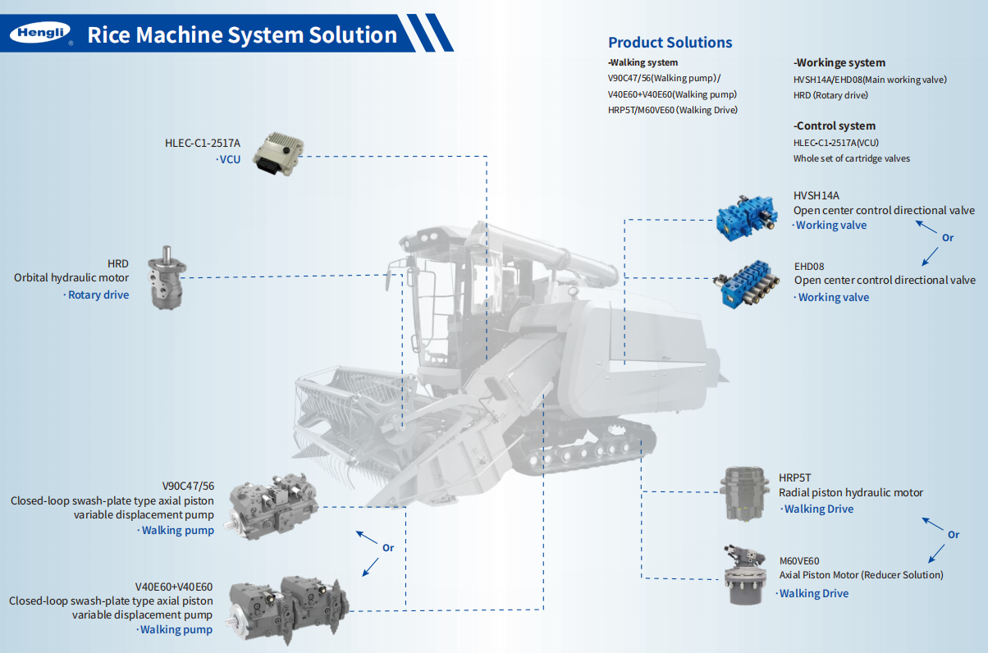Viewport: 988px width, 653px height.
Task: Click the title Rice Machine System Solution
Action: (242, 34)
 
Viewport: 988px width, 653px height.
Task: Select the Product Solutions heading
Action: (670, 43)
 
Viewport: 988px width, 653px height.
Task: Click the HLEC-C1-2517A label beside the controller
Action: (203, 143)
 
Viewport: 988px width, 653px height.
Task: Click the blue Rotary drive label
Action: (98, 295)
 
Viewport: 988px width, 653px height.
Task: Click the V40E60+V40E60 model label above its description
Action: (173, 587)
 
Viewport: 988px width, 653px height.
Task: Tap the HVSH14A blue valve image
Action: (746, 216)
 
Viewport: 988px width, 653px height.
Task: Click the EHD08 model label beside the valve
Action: (809, 267)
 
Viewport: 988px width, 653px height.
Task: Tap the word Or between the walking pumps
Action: (388, 547)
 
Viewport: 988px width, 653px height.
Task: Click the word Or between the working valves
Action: (948, 238)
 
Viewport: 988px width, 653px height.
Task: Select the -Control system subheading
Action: (834, 126)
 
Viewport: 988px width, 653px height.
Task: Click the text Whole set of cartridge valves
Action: (851, 158)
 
